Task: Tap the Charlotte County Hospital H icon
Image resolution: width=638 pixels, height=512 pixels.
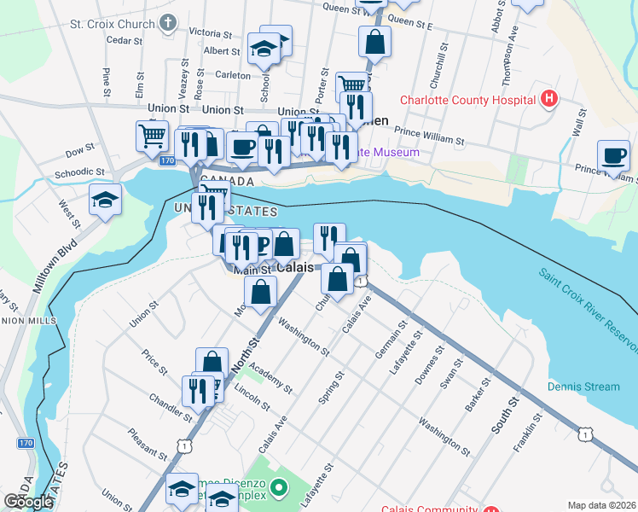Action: [549, 98]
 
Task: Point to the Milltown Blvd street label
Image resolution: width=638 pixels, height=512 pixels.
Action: [55, 266]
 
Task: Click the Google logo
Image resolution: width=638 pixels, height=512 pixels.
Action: [28, 502]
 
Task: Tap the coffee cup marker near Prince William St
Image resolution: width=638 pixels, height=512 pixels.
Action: [612, 156]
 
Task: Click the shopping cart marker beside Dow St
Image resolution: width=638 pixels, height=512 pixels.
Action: [152, 135]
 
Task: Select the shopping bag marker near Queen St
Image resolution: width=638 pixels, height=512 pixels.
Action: [374, 40]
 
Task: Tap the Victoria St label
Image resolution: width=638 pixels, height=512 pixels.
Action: [210, 33]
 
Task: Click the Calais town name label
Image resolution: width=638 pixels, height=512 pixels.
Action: [295, 267]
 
